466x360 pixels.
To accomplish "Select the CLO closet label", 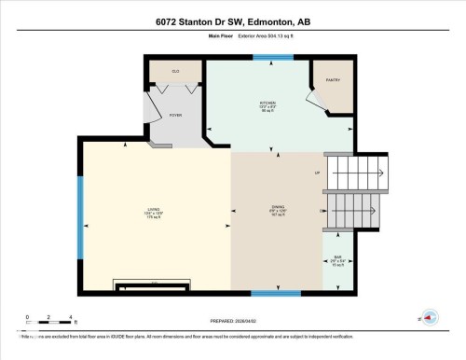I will tap(174, 72).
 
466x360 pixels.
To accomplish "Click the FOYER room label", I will tap(174, 114).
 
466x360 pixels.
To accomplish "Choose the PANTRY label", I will tap(334, 79).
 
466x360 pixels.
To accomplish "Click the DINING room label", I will tap(277, 209).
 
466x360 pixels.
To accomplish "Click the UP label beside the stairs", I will tap(317, 173).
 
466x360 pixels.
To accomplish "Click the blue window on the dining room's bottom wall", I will tap(276, 293).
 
